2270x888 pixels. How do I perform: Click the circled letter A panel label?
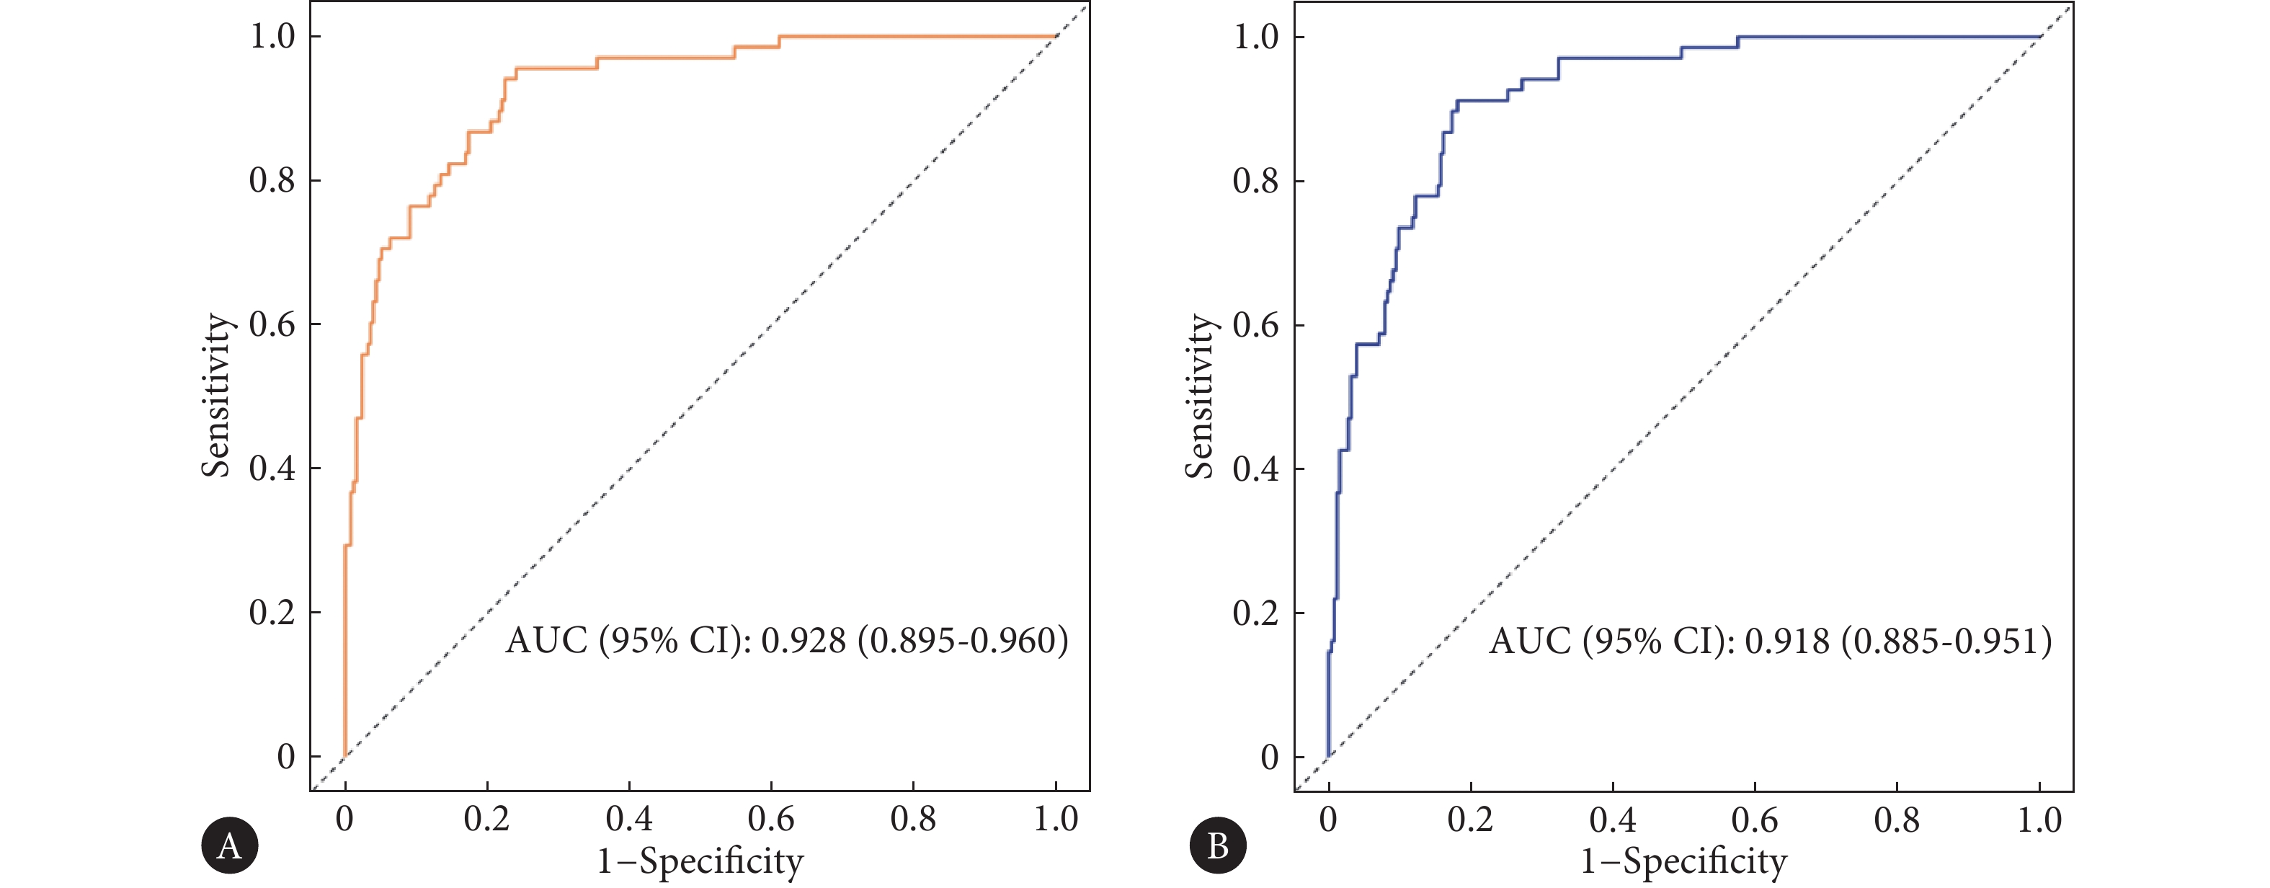(x=229, y=845)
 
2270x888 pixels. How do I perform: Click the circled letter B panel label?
(x=1217, y=845)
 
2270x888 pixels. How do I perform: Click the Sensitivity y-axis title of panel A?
(x=216, y=396)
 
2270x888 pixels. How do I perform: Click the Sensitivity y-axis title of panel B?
(x=1199, y=396)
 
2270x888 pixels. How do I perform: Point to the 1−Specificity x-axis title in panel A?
(x=700, y=861)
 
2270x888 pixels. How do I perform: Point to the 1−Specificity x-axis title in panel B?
(x=1684, y=861)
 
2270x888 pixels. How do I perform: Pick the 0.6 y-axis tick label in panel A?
(x=272, y=324)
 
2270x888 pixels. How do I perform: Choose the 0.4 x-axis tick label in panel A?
(x=629, y=820)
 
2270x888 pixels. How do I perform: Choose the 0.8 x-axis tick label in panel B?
(x=1897, y=820)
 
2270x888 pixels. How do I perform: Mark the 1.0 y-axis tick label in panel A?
(x=272, y=36)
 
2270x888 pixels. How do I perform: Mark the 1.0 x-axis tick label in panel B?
(x=2040, y=820)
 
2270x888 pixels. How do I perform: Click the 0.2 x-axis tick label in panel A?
(x=486, y=820)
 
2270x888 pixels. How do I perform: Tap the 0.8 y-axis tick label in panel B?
(x=1256, y=181)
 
